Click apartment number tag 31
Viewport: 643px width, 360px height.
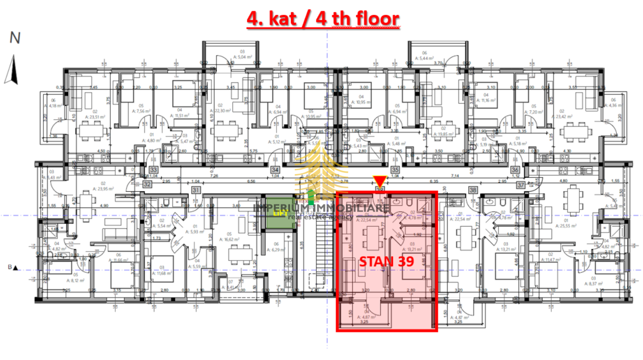(x=196, y=190)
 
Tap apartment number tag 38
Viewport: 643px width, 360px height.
(x=473, y=190)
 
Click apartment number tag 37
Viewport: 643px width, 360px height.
(x=520, y=185)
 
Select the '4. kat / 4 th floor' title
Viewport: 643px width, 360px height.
(x=323, y=19)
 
